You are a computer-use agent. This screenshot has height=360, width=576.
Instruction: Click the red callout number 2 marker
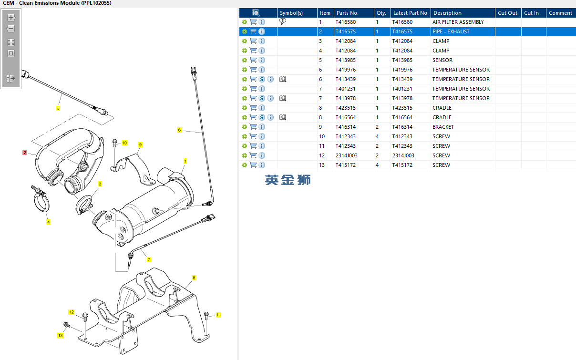pos(25,153)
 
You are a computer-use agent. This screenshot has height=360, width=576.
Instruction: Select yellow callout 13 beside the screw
pos(60,335)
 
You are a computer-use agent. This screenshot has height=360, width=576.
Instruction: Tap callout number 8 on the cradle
pos(194,278)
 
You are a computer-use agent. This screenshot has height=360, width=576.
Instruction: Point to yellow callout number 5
pos(58,108)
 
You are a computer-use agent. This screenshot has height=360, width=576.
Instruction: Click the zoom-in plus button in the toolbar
pos(11,18)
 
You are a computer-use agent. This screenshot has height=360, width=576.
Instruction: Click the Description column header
pos(447,13)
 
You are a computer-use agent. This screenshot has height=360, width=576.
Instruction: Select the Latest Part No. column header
pos(411,13)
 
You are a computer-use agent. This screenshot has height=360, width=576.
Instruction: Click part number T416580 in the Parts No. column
pos(345,22)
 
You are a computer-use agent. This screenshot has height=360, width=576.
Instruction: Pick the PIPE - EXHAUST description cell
pos(451,31)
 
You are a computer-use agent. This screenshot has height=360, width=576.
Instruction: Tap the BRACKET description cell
pos(443,127)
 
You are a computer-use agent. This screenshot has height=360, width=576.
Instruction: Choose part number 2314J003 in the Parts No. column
pos(346,155)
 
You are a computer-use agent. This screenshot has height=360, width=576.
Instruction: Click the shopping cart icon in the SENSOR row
pos(253,60)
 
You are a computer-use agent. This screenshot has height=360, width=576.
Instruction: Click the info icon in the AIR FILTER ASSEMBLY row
pos(262,22)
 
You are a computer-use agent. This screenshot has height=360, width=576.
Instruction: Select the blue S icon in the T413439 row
pos(262,79)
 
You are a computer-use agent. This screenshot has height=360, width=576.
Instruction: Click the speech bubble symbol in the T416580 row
pos(283,21)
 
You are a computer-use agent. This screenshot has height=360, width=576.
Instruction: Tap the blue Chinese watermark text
pos(288,180)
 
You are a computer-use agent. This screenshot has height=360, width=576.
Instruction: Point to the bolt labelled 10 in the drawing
pos(114,145)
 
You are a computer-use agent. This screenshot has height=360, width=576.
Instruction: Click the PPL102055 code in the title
pos(96,3)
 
